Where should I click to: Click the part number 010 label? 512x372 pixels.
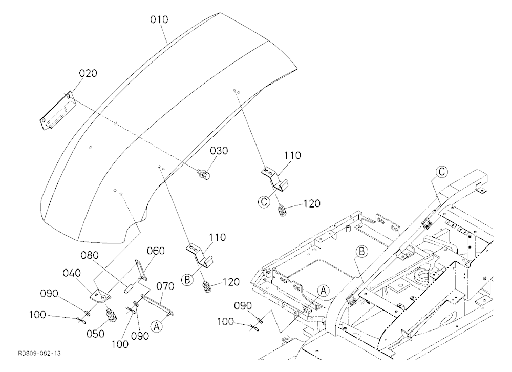(x=159, y=20)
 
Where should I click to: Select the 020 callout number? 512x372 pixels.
(x=88, y=73)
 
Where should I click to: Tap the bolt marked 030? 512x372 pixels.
(x=204, y=173)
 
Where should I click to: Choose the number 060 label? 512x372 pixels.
(x=156, y=251)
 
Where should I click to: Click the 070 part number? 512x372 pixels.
(x=165, y=286)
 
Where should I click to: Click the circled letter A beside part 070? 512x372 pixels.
(x=156, y=326)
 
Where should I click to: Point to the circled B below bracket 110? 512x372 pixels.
(x=187, y=280)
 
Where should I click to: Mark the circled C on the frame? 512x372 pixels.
(x=442, y=172)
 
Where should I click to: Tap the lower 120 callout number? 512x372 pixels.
(x=231, y=282)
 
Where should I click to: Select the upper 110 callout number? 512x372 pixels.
(x=292, y=155)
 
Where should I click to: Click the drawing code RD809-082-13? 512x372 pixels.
(x=39, y=354)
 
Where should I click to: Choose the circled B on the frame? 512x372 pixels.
(x=361, y=252)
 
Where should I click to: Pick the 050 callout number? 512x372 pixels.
(x=95, y=334)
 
